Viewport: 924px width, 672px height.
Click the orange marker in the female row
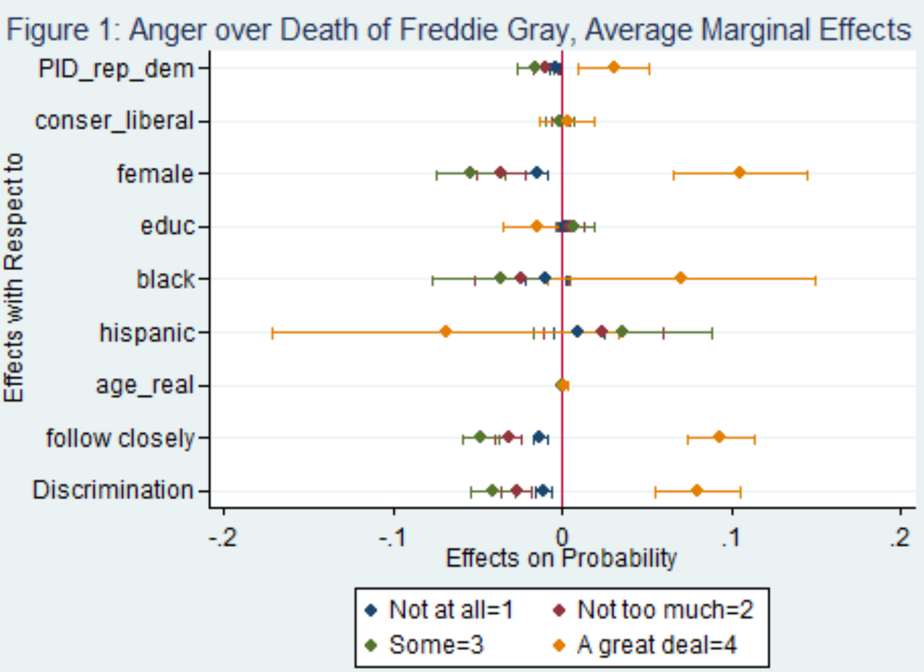coord(739,173)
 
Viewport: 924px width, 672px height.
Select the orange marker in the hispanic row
coord(446,332)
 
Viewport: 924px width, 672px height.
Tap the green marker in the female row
coord(470,173)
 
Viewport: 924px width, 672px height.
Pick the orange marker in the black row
coord(681,278)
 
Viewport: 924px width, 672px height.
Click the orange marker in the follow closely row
coord(719,437)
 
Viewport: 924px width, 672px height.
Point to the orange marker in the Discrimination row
coord(697,491)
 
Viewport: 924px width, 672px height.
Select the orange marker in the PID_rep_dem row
coord(614,67)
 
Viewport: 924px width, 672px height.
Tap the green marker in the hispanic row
coord(622,332)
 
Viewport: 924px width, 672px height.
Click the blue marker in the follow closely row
coord(539,437)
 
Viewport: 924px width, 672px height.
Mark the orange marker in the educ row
coord(537,226)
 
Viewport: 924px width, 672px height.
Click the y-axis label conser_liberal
coord(114,121)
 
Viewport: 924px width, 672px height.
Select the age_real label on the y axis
coord(144,385)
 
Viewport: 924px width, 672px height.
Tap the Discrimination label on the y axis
coord(113,490)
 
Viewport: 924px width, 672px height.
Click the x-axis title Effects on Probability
coord(561,558)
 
